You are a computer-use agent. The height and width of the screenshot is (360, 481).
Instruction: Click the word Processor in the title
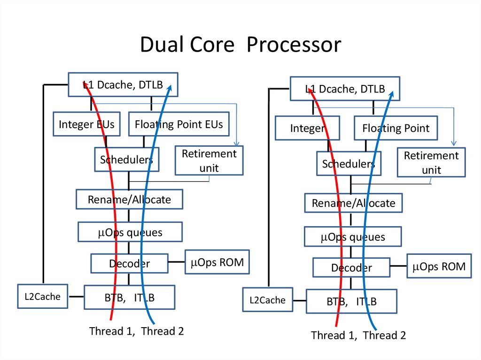pos(294,45)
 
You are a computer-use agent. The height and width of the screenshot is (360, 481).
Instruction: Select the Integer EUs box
pos(86,124)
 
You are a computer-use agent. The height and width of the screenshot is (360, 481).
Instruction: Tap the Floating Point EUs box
pos(178,124)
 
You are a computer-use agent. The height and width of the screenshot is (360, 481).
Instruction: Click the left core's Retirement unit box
pos(209,161)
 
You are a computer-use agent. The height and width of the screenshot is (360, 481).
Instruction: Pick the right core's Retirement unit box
pos(431,162)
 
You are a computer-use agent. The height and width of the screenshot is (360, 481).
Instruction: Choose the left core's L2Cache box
pos(42,296)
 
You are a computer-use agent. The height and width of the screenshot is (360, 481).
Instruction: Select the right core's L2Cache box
pos(267,300)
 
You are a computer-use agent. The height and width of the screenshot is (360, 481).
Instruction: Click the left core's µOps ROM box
pos(217,262)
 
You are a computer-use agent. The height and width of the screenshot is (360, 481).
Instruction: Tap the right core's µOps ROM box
pos(439,267)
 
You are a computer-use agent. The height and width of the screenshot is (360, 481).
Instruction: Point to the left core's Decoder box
pos(129,263)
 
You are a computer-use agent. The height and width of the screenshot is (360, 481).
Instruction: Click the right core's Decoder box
pos(351,268)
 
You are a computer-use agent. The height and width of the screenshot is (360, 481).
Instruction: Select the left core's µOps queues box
pos(130,232)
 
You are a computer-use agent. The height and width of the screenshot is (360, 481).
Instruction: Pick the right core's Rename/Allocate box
pos(353,203)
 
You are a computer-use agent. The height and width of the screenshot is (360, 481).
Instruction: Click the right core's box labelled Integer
pos(308,128)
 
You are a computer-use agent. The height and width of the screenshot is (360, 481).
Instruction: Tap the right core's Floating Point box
pos(396,128)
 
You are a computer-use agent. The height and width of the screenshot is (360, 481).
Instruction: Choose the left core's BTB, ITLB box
pos(129,297)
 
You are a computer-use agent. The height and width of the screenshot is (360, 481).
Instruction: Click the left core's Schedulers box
pos(126,160)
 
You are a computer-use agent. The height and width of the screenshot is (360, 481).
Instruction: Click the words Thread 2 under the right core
pos(384,335)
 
